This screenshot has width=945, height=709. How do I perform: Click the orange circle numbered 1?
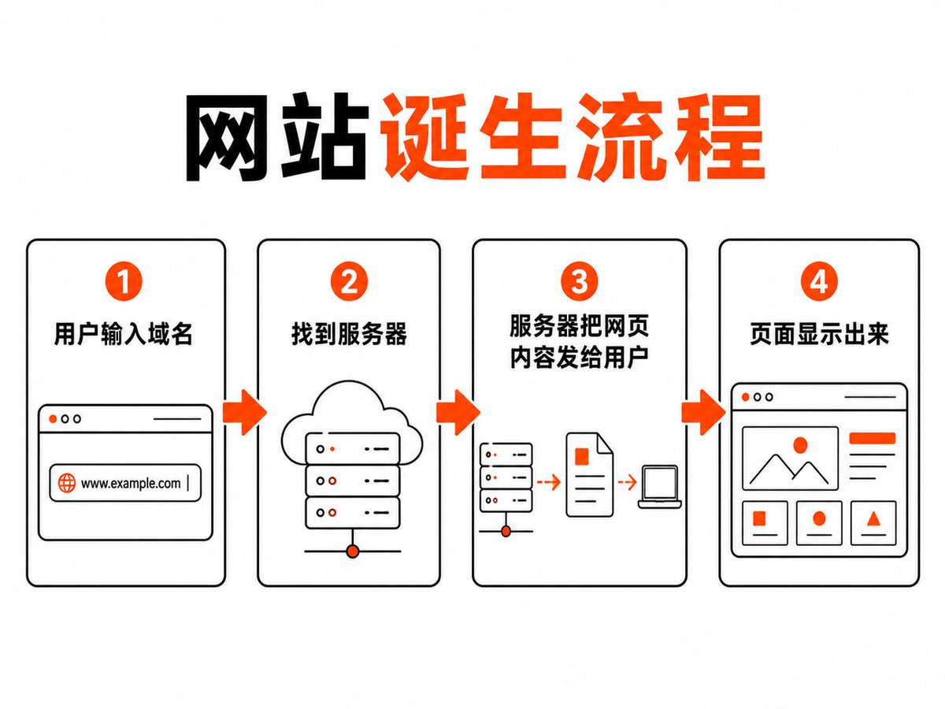124,281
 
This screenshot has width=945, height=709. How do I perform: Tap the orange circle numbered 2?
349,281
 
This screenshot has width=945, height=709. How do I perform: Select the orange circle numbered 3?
579,281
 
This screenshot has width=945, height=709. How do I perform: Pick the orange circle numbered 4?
819,281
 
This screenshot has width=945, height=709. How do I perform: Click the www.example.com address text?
131,484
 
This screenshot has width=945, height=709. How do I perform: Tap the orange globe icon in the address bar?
67,483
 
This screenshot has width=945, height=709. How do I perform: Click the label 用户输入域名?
123,333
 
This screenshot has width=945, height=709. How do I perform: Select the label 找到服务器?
349,333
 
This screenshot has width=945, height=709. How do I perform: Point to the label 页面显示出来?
819,333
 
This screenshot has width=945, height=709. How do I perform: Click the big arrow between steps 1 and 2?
245,413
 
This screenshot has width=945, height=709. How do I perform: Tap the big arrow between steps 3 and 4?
703,413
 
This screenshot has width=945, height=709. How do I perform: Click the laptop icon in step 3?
660,486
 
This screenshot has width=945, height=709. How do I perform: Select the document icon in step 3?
589,474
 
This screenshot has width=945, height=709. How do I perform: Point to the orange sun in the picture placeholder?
800,444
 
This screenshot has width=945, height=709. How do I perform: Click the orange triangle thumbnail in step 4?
873,518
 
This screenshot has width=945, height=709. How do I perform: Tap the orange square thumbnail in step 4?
759,518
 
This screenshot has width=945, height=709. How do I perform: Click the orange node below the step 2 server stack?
353,551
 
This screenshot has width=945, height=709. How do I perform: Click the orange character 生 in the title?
521,136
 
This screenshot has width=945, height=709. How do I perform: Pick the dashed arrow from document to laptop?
628,481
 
